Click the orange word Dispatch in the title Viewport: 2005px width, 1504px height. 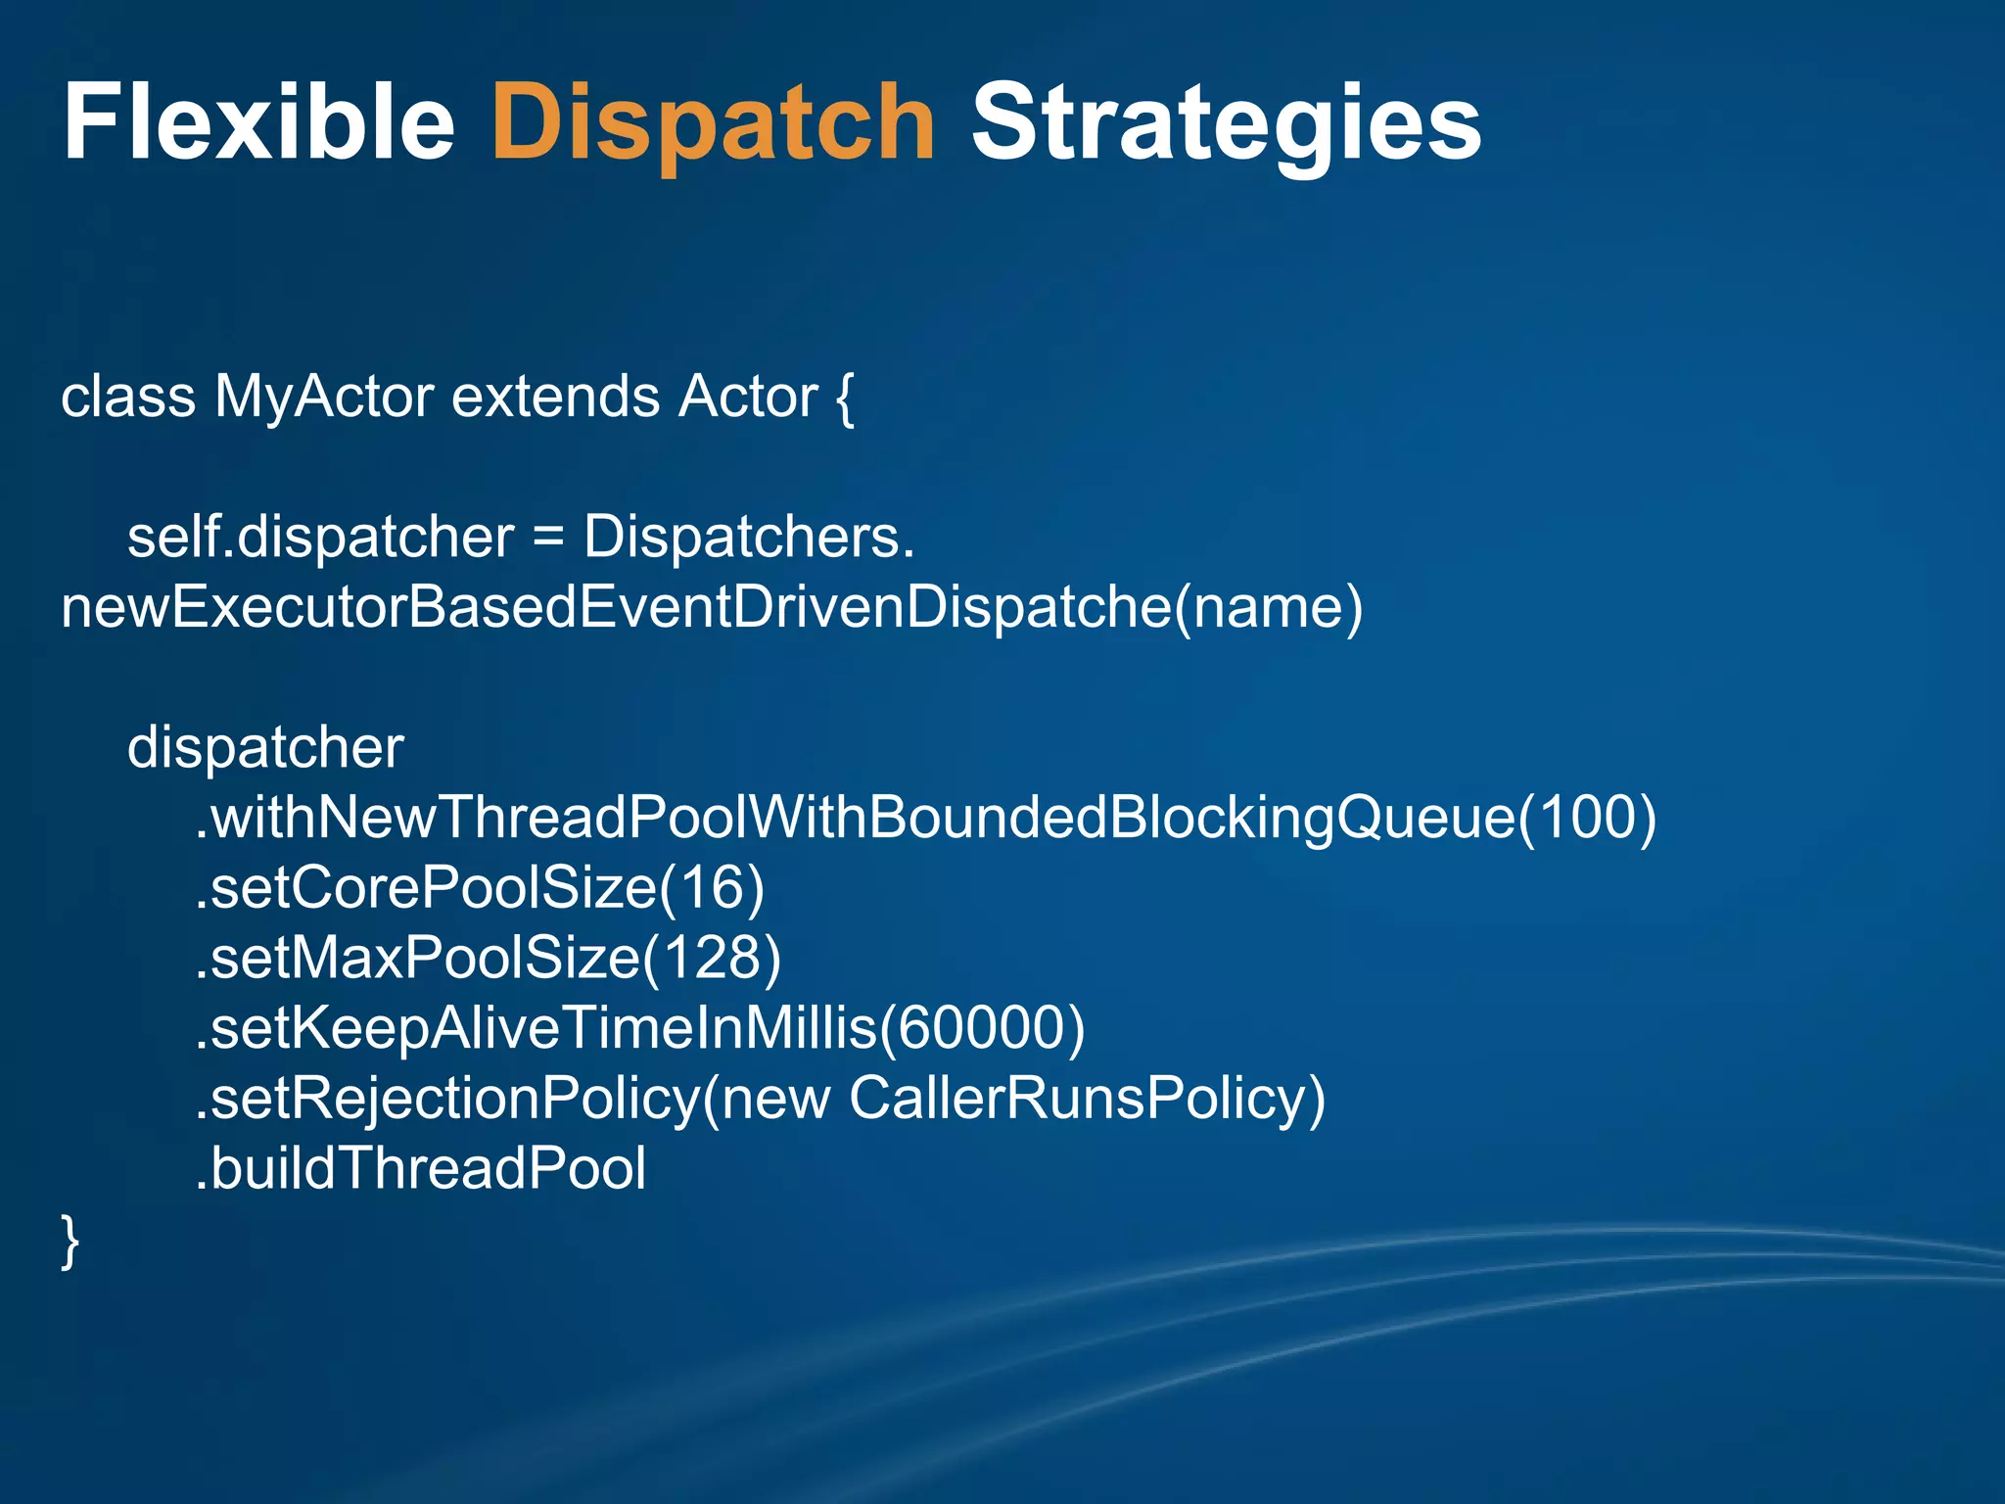pyautogui.click(x=713, y=124)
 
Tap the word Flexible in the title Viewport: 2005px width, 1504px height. pyautogui.click(x=258, y=124)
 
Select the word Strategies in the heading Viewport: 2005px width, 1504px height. pyautogui.click(x=1226, y=124)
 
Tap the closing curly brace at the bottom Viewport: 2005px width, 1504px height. pyautogui.click(x=70, y=1242)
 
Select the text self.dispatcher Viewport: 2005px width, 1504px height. pyautogui.click(x=320, y=538)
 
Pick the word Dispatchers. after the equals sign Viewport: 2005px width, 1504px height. pyautogui.click(x=749, y=538)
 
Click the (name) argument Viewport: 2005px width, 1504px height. pyautogui.click(x=1270, y=608)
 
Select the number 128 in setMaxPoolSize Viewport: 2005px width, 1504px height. pyautogui.click(x=712, y=959)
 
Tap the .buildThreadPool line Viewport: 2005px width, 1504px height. pyautogui.click(x=421, y=1169)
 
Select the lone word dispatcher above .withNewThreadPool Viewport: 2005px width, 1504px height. pyautogui.click(x=265, y=749)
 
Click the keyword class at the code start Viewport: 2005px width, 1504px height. pyautogui.click(x=128, y=398)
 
